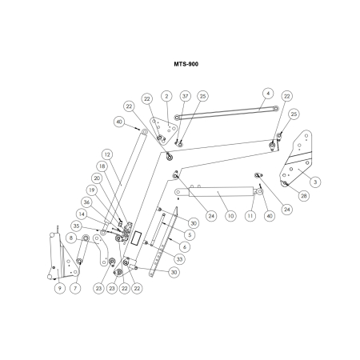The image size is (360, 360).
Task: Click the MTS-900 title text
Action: click(186, 64)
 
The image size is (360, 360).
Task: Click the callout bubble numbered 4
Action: click(268, 94)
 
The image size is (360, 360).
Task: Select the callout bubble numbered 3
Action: click(315, 182)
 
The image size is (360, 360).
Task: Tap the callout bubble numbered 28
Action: click(304, 196)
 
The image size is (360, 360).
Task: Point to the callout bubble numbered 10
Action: click(230, 216)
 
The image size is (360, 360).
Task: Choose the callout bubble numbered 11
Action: click(250, 216)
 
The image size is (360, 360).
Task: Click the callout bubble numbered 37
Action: click(186, 96)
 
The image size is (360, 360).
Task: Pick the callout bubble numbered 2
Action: click(166, 96)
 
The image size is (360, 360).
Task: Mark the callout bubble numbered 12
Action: click(107, 154)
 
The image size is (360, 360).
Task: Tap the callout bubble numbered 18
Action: click(102, 166)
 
